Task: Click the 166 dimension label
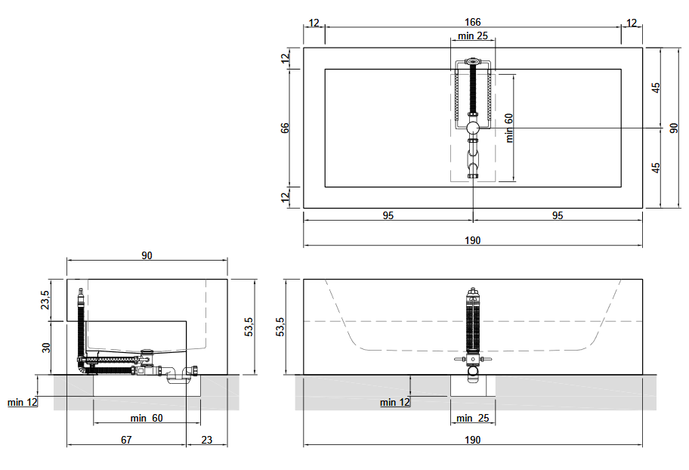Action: click(472, 22)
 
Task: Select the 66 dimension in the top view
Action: click(285, 128)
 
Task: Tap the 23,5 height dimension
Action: click(45, 300)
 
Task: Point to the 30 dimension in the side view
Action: click(46, 348)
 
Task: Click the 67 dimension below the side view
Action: click(126, 440)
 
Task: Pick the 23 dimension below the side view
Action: click(206, 440)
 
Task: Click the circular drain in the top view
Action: click(473, 128)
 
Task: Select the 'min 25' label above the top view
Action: click(473, 36)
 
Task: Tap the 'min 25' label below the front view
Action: click(473, 418)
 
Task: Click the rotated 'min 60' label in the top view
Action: click(509, 128)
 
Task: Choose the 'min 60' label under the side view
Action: click(147, 418)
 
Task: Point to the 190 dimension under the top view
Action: click(472, 240)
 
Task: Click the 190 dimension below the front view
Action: click(472, 440)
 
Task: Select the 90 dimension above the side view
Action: click(147, 255)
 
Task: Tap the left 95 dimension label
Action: click(388, 215)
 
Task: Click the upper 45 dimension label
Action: click(656, 88)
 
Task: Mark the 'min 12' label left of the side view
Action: click(23, 402)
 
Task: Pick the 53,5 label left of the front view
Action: click(280, 326)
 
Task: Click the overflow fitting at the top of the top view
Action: click(473, 61)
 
